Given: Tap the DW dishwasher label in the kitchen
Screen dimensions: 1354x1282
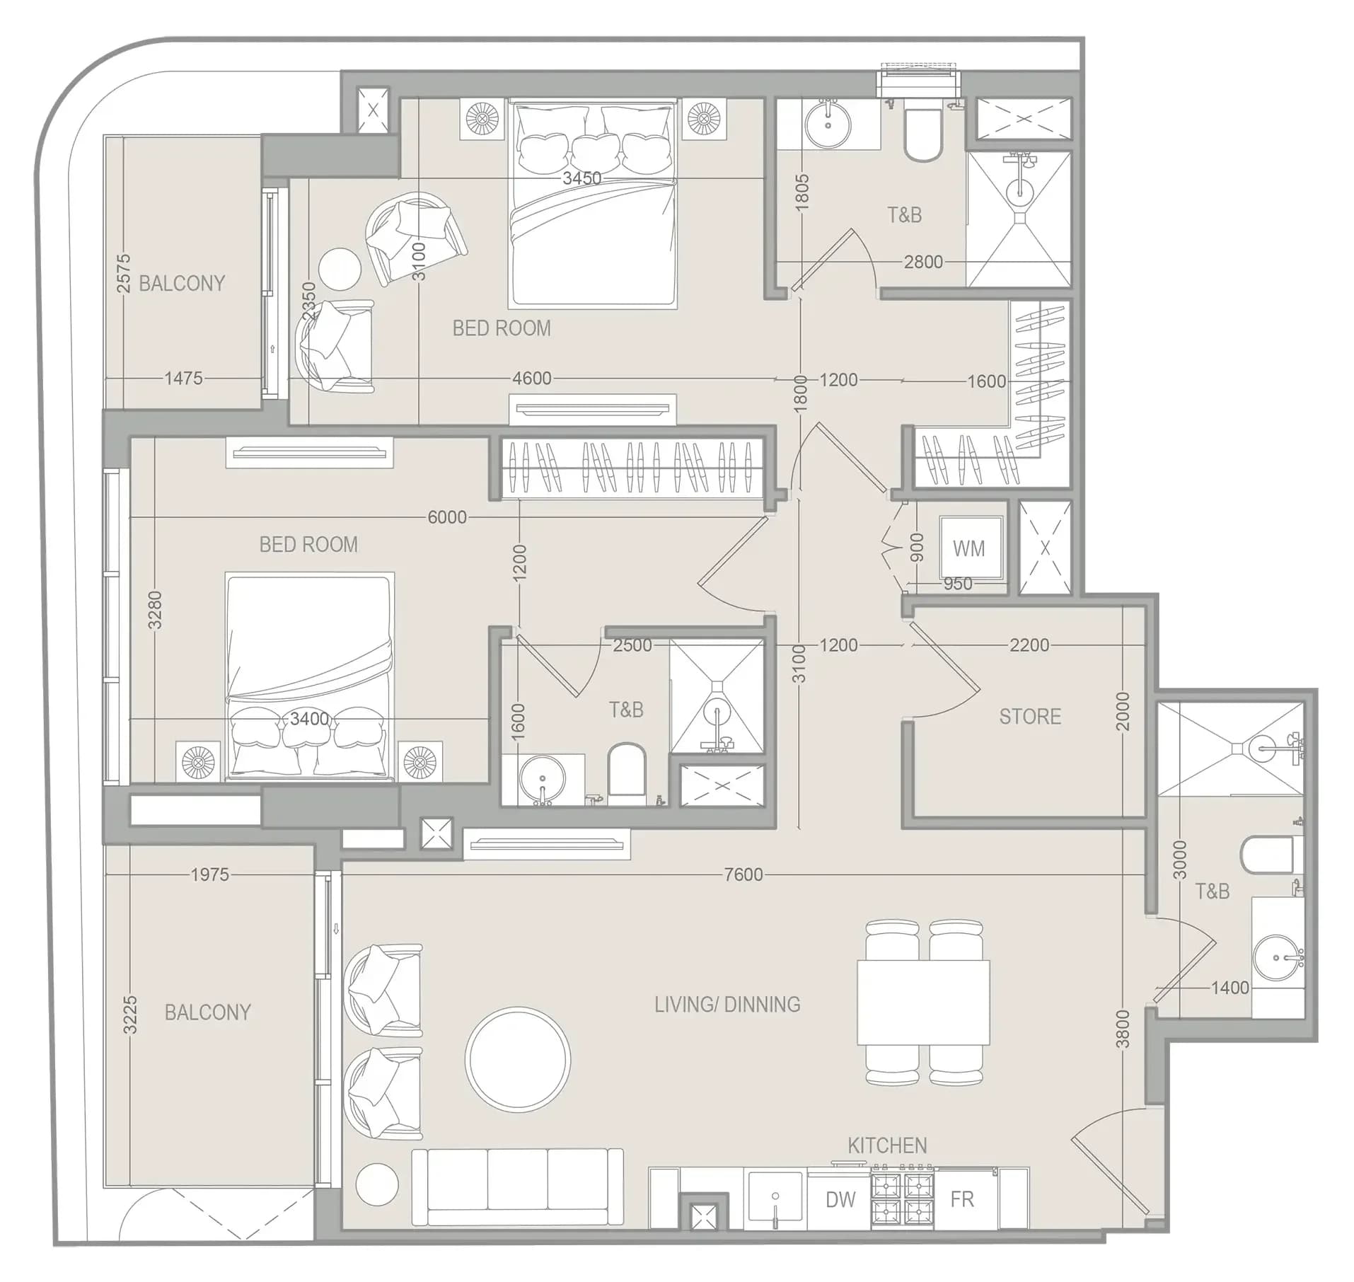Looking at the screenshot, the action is coord(840,1199).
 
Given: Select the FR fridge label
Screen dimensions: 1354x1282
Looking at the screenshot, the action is coord(962,1199).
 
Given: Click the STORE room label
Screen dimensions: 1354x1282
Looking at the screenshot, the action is coord(1030,717).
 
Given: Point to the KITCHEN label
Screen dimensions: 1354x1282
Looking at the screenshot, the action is coord(887,1145).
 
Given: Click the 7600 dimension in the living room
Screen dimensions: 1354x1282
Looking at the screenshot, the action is coord(743,874).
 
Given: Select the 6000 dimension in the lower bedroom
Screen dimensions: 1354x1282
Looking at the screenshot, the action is coord(447,517).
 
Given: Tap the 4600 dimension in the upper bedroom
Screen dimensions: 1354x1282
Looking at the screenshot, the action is coord(532,379).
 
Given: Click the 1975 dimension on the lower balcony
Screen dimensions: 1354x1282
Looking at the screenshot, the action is coord(210,874).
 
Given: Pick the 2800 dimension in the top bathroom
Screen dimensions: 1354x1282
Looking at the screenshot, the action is coord(923,262).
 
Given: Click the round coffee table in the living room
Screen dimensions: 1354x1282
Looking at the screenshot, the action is coord(518,1059).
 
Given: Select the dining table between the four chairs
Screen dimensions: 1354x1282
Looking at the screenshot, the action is coord(923,1002).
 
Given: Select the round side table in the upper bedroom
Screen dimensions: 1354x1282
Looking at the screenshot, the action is coord(340,269).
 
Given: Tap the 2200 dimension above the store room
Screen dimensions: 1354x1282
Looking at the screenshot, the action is coord(1029,645).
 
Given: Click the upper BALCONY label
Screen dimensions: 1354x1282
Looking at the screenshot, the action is coord(182,283).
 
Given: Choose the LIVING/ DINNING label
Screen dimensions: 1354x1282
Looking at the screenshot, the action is coord(727,1005).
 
